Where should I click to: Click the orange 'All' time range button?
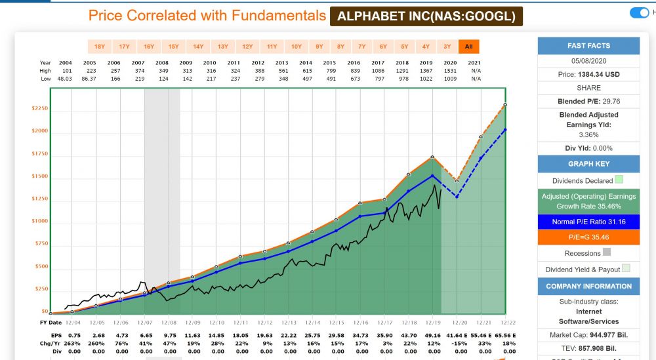[468, 47]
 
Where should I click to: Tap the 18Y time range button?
[100, 47]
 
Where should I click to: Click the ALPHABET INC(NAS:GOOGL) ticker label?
[426, 16]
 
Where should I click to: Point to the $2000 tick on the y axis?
[39, 131]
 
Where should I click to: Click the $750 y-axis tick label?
[41, 244]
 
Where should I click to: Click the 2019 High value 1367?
[426, 70]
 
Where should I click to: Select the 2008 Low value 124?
[163, 79]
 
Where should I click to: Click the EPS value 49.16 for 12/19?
[432, 336]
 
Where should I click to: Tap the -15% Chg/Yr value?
[457, 344]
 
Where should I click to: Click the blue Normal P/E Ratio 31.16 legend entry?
[588, 222]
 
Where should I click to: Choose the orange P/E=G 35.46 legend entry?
[588, 237]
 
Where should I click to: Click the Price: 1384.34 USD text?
[588, 75]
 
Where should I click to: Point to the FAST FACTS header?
[588, 46]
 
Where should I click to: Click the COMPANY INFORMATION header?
[588, 286]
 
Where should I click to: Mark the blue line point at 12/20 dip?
[457, 197]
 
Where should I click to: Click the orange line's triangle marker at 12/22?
[505, 105]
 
